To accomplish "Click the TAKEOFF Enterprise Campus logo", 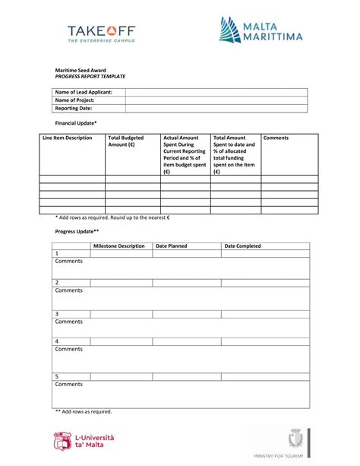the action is pyautogui.click(x=102, y=34).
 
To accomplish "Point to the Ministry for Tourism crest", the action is pyautogui.click(x=295, y=439).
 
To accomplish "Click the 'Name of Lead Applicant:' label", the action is pyautogui.click(x=84, y=92).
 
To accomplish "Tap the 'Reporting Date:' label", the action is pyautogui.click(x=75, y=109).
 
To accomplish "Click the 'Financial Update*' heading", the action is pyautogui.click(x=76, y=122).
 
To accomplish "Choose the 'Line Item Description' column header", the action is pyautogui.click(x=68, y=138).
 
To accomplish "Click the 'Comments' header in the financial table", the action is pyautogui.click(x=276, y=138).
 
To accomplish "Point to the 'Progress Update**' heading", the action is pyautogui.click(x=77, y=230).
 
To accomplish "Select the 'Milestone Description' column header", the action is pyautogui.click(x=118, y=246).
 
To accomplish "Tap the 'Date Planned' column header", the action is pyautogui.click(x=171, y=246).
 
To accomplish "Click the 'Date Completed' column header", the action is pyautogui.click(x=242, y=246).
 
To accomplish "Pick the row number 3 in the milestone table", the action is pyautogui.click(x=57, y=313).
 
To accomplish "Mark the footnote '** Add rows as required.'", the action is pyautogui.click(x=83, y=411).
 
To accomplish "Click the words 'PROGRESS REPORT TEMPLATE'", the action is pyautogui.click(x=90, y=77).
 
